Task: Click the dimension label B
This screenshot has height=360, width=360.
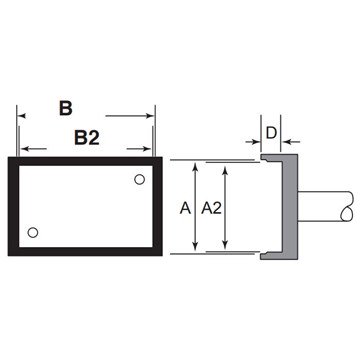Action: [66, 108]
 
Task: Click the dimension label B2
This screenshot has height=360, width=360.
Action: [87, 137]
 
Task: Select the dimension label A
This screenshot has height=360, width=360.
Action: [185, 208]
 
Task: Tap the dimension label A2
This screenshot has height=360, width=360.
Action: [211, 208]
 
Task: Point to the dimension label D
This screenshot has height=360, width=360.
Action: [272, 133]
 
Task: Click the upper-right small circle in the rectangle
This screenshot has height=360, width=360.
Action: [139, 179]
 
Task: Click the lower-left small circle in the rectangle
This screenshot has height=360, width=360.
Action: [33, 232]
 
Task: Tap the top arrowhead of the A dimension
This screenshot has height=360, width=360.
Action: [196, 165]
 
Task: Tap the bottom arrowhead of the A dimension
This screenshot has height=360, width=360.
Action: [196, 248]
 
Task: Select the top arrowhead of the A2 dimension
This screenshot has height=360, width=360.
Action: [225, 170]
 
